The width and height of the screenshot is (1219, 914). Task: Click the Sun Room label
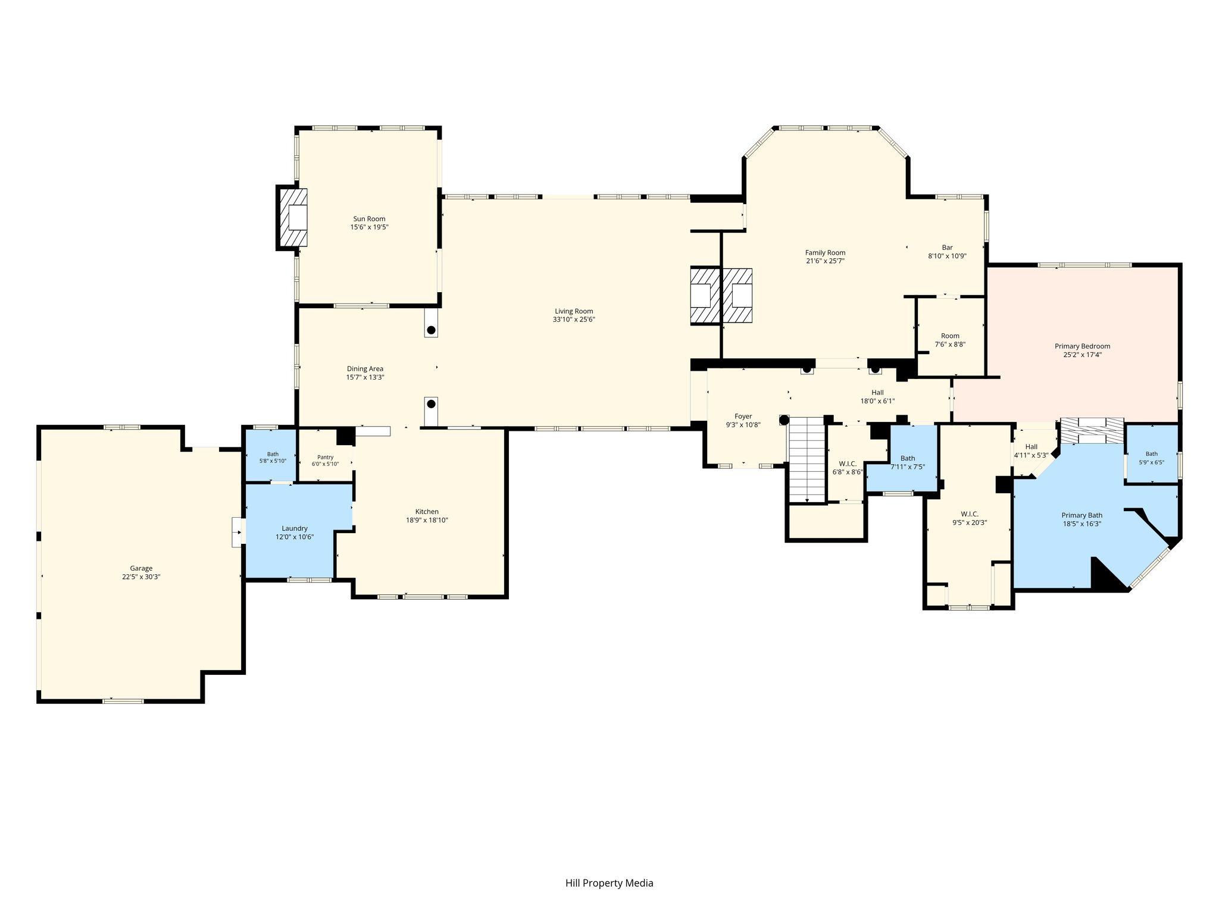(369, 219)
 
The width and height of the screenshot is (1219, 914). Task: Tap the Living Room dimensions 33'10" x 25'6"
(574, 320)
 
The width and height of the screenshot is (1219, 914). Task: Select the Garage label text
(141, 568)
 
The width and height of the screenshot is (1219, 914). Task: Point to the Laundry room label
(295, 528)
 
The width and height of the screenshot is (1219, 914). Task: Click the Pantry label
(326, 457)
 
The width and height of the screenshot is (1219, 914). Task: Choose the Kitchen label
(427, 512)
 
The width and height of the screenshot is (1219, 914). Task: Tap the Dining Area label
(365, 369)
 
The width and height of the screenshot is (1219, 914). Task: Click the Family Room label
(826, 253)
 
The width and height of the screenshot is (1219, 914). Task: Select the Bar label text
(947, 248)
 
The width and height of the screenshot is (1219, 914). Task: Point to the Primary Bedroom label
(1082, 346)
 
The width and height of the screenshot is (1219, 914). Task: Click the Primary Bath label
(1082, 515)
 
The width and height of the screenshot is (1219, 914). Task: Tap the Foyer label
(743, 417)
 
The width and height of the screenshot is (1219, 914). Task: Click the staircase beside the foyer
(807, 460)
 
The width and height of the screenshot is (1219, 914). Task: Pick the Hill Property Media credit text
(609, 883)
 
